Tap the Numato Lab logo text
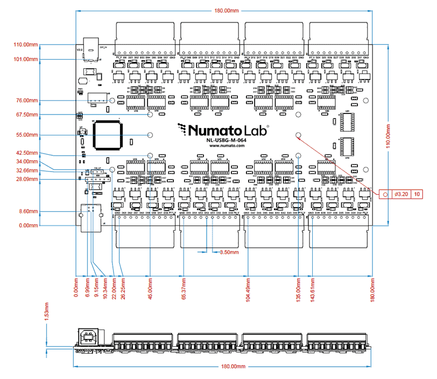click(x=221, y=130)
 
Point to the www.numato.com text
click(x=218, y=146)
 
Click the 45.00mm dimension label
click(x=150, y=290)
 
